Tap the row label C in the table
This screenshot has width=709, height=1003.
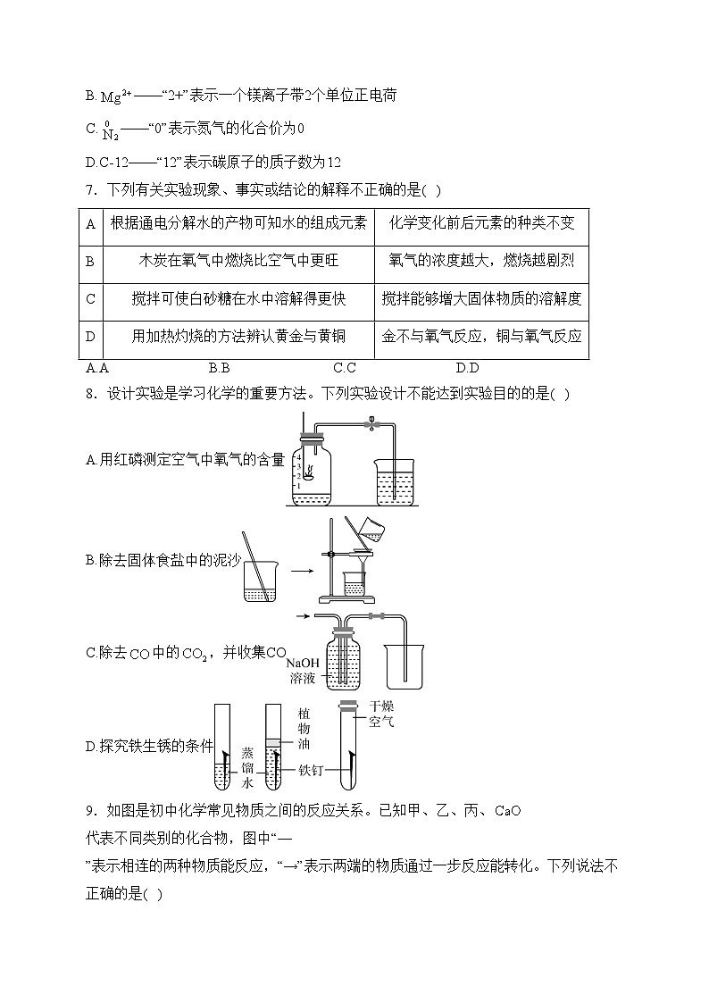[90, 299]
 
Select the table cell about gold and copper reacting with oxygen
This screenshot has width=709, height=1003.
[481, 337]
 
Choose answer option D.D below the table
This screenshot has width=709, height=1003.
[467, 368]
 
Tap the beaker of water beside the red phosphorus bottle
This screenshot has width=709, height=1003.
[393, 482]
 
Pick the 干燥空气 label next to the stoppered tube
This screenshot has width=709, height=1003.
[380, 713]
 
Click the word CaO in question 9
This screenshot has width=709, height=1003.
[506, 811]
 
